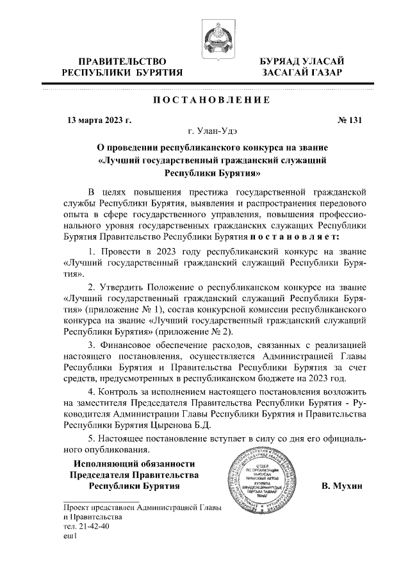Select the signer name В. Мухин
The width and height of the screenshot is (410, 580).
point(342,486)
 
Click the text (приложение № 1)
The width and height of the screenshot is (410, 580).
point(106,308)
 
